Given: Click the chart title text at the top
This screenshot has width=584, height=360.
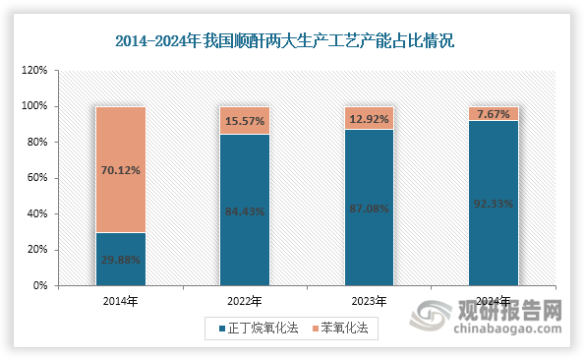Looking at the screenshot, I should pos(292,41).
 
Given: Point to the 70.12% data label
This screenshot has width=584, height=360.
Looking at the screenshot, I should pos(120,170).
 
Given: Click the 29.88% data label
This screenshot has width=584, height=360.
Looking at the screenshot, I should pos(120,260).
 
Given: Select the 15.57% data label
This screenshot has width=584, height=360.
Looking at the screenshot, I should pos(244,120).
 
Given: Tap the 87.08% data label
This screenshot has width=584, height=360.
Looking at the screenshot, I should pos(369,208).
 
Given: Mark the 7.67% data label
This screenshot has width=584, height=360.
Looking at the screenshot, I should pos(493,115).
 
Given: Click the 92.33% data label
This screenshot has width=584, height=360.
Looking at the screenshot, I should pos(493,205).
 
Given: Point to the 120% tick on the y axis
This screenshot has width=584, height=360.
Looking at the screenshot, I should pos(33,71).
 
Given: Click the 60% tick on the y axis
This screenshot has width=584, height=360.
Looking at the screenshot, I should pos(36,178).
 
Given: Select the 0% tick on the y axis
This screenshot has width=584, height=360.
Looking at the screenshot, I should pos(39,286).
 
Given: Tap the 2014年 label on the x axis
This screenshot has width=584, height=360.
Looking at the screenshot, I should pos(120,300).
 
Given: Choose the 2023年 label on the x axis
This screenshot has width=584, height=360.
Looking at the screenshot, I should pos(369,300).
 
